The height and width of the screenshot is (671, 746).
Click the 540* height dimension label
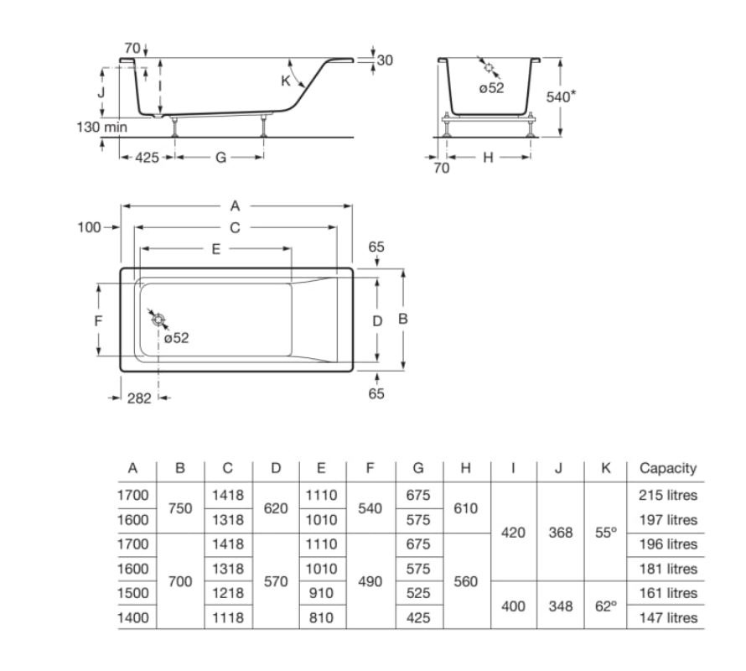click(x=561, y=96)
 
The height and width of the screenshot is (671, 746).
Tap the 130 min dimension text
click(x=101, y=127)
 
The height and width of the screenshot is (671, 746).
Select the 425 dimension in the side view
click(x=147, y=157)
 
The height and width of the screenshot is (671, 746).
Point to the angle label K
click(x=286, y=81)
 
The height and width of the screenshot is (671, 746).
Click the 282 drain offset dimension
click(x=139, y=398)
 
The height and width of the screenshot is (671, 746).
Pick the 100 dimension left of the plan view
click(x=90, y=227)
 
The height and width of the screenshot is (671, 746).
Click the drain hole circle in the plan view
click(x=158, y=320)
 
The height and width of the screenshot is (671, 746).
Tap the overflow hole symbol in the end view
click(x=489, y=67)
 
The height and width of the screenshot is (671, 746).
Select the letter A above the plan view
click(x=235, y=205)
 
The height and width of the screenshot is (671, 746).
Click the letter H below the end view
click(x=488, y=157)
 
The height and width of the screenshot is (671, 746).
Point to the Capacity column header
click(x=668, y=468)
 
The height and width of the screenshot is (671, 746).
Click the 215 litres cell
click(x=668, y=495)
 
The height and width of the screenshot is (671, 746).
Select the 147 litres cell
click(x=668, y=617)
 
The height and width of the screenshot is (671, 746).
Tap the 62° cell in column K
click(x=606, y=606)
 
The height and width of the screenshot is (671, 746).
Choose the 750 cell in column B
click(x=180, y=508)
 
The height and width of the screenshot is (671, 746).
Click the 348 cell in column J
click(x=561, y=606)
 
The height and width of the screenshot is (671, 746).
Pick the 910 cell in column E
click(x=321, y=593)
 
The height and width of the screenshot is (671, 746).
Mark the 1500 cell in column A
click(x=133, y=593)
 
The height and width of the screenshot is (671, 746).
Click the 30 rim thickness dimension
click(x=385, y=60)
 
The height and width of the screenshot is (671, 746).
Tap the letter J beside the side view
click(x=101, y=92)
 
